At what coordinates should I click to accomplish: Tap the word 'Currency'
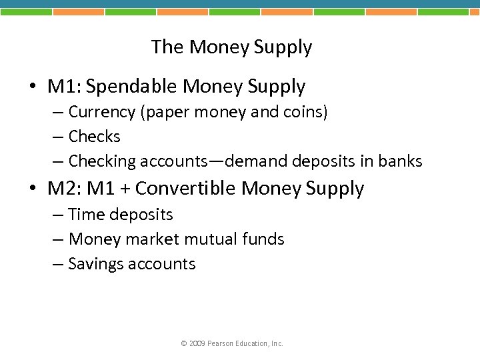click(101, 112)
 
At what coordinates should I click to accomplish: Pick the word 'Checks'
click(94, 137)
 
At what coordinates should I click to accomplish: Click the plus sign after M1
click(125, 189)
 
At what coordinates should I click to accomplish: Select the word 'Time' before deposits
click(83, 215)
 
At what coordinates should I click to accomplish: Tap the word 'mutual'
click(208, 239)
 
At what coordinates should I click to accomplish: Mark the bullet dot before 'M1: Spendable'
click(32, 87)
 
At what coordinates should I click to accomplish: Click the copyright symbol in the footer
click(184, 343)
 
